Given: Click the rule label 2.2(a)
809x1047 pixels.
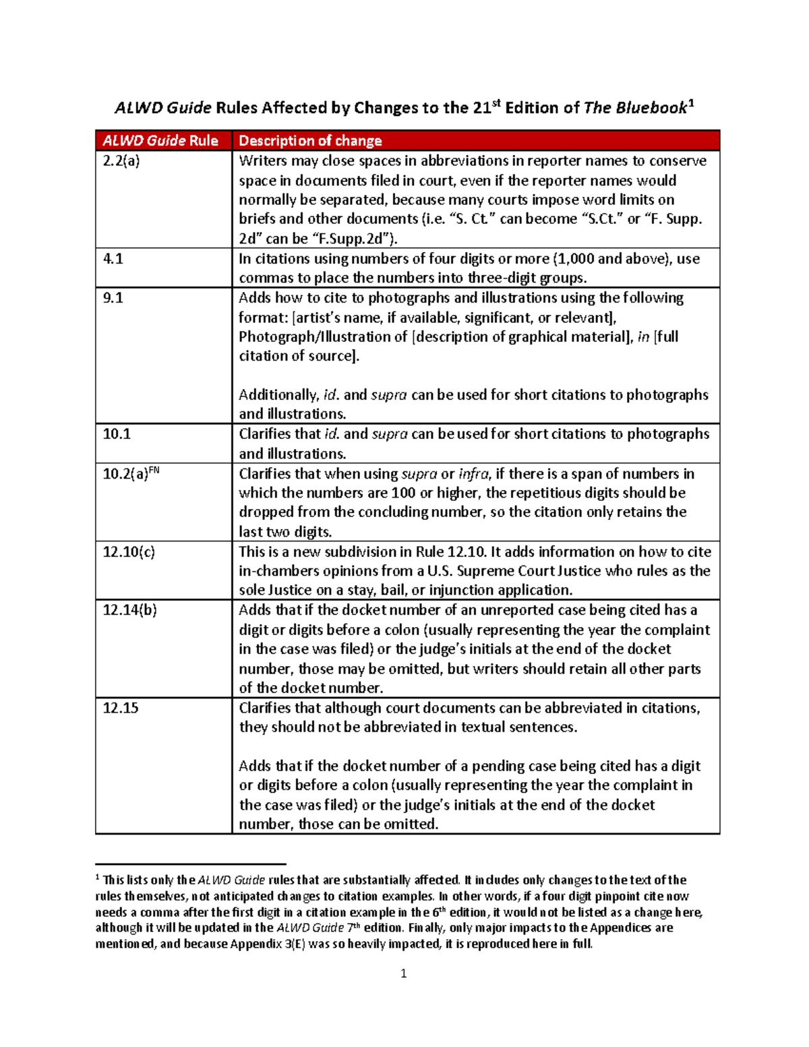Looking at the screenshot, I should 121,161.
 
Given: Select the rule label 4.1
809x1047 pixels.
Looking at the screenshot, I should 113,259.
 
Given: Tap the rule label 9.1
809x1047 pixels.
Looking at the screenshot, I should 113,298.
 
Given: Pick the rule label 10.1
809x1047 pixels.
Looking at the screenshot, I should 117,434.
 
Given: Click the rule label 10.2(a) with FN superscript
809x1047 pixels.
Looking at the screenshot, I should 131,473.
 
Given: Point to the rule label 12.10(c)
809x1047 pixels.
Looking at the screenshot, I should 129,552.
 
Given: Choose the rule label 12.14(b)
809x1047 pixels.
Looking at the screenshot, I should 129,610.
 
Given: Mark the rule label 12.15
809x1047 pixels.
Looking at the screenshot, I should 121,709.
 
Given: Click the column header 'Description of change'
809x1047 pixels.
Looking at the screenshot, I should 310,141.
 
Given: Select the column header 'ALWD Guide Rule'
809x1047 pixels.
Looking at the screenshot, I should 160,141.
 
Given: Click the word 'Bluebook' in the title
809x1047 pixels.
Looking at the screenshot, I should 652,109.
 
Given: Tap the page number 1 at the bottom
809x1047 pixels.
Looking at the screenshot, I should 403,974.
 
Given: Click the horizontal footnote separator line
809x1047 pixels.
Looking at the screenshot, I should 191,864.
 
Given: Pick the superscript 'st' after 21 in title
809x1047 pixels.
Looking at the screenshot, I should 497,103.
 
